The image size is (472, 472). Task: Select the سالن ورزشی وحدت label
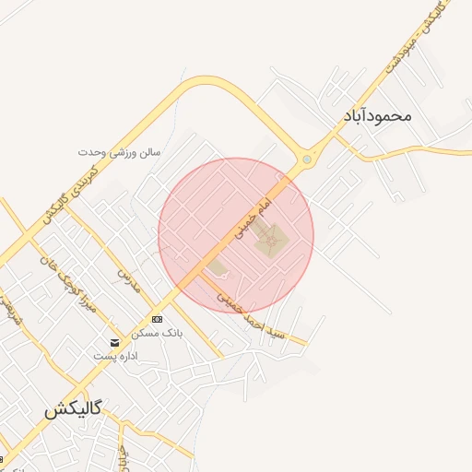[118, 150]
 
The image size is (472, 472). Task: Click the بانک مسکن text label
[158, 332]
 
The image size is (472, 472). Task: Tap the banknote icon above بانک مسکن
[157, 319]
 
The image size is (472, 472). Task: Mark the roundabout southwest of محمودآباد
[307, 159]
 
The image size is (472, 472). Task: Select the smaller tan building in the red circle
[218, 268]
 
